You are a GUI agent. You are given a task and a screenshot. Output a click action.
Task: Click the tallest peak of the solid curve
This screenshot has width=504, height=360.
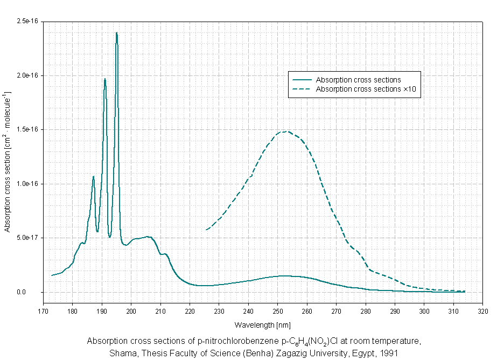tap(116, 33)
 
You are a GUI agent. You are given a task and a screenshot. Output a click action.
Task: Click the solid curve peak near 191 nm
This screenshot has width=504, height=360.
tap(105, 79)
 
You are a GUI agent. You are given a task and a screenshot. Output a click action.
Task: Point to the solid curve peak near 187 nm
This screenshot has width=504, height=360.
tap(93, 176)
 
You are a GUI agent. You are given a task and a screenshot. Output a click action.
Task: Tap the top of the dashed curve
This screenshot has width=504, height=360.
tap(286, 131)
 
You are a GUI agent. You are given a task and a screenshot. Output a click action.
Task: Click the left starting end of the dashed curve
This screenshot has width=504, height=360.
tap(206, 230)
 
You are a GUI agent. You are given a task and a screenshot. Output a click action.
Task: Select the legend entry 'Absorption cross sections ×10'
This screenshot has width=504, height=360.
tap(367, 89)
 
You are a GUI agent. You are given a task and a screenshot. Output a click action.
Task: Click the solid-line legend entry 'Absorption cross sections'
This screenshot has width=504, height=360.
tap(358, 80)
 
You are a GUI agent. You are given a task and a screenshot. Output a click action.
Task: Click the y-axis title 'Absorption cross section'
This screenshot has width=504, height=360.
tap(8, 162)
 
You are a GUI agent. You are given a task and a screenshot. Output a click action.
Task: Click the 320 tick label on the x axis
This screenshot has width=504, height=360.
tap(482, 311)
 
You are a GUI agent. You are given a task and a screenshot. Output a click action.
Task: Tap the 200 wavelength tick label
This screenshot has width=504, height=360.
tap(131, 311)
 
